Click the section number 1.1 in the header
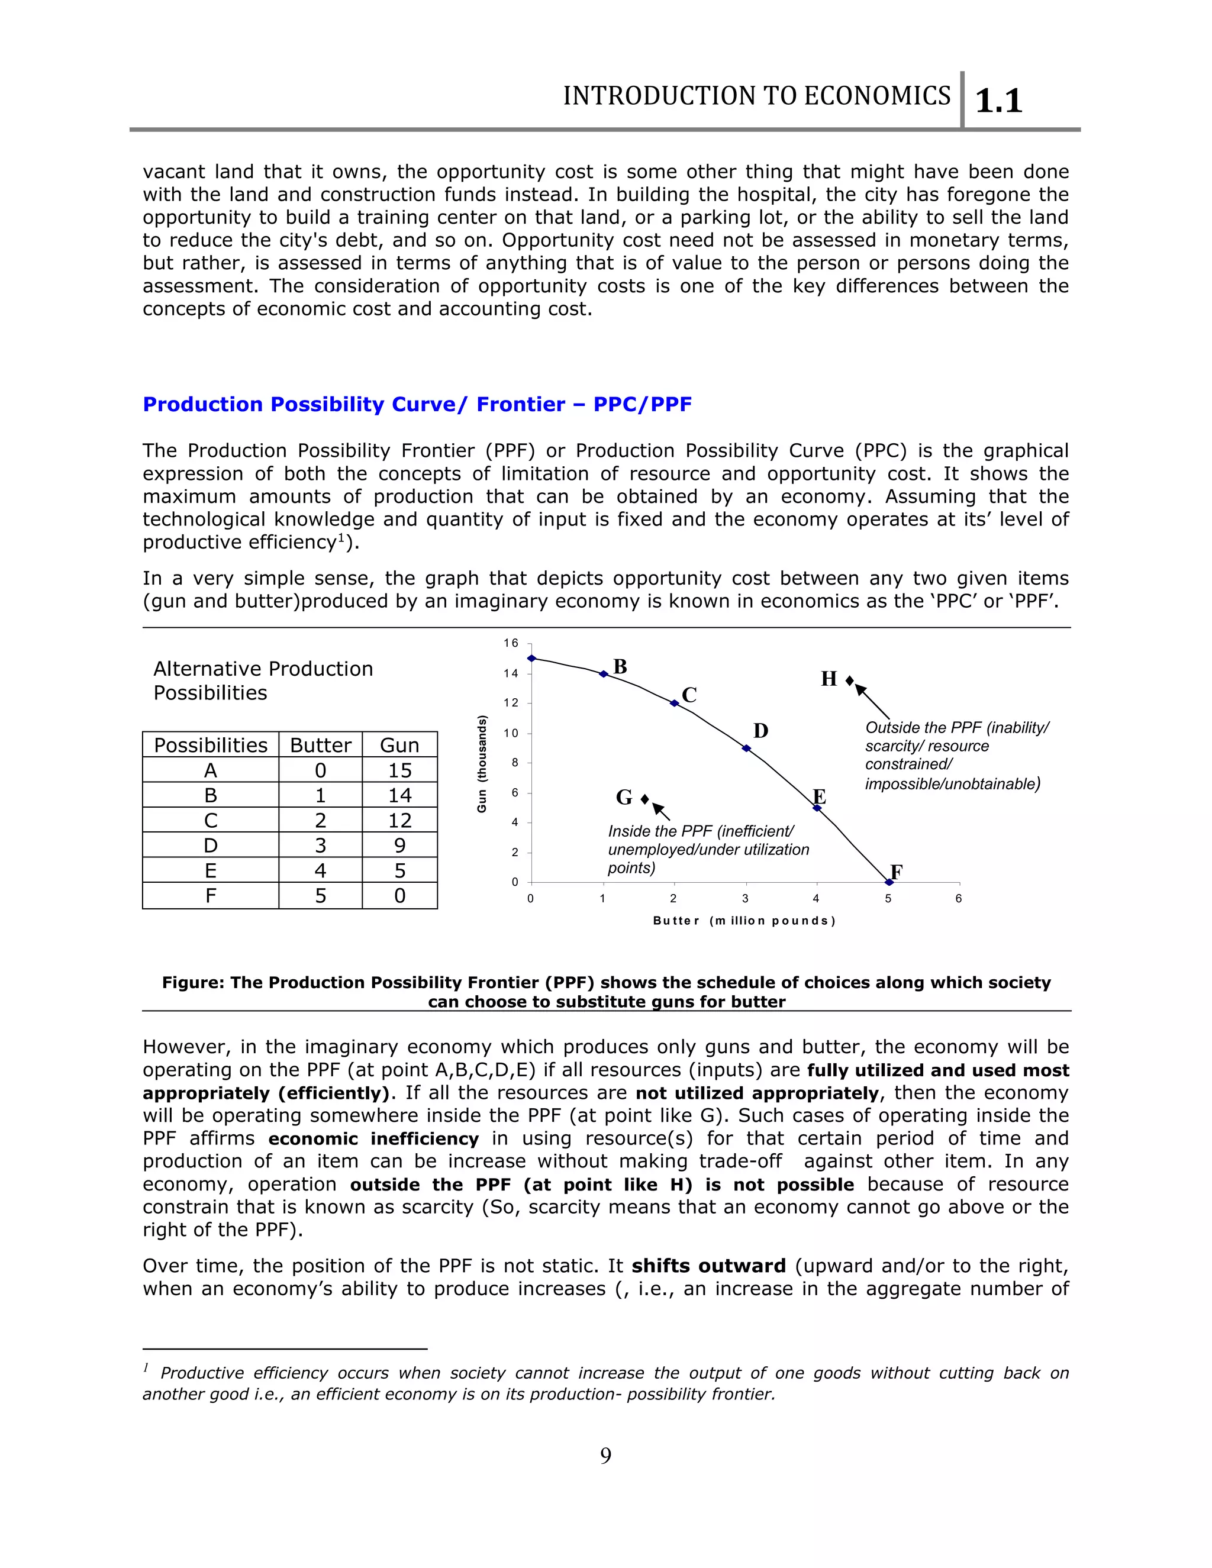tap(999, 101)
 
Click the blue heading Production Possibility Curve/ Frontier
tap(417, 404)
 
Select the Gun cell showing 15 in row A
tap(399, 770)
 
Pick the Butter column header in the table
tap(320, 745)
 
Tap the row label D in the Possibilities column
tap(210, 846)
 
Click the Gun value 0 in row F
tap(399, 896)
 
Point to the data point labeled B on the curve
tap(604, 674)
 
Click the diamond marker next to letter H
tap(849, 680)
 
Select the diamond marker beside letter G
tap(645, 799)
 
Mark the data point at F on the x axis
tap(889, 882)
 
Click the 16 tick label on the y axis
tap(511, 643)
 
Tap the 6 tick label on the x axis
tap(959, 899)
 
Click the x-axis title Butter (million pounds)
tap(744, 921)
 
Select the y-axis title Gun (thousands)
tap(482, 764)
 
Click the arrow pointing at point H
tap(872, 701)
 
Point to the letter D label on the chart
tap(760, 731)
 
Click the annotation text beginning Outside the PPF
tap(955, 755)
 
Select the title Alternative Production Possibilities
tap(263, 680)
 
